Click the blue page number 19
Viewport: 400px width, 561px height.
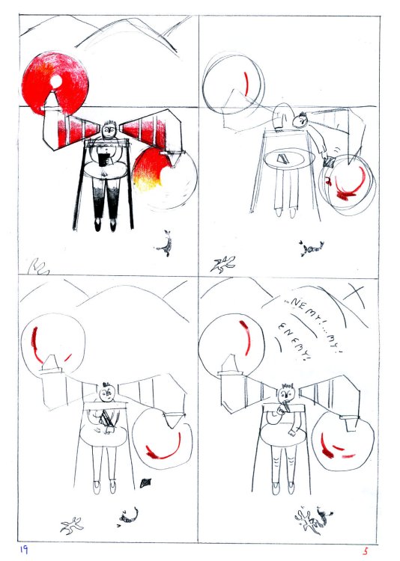click(24, 550)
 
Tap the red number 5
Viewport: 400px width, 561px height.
click(366, 551)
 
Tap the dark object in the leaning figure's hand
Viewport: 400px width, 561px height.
click(329, 162)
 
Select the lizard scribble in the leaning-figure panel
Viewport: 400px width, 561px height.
click(223, 262)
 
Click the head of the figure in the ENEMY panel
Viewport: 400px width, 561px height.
click(285, 392)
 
